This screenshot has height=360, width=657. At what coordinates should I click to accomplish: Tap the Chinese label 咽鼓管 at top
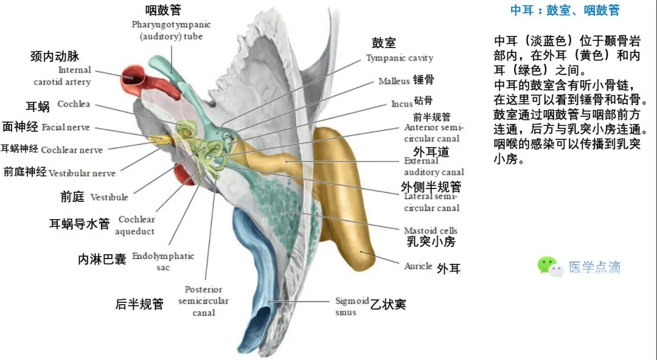click(162, 10)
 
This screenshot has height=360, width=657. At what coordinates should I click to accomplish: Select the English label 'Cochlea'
click(74, 104)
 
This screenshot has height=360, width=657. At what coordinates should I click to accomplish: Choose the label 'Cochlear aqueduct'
click(136, 225)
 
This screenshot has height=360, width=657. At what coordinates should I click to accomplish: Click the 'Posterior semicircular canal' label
click(204, 301)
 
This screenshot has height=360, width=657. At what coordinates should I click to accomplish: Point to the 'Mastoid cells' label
click(430, 230)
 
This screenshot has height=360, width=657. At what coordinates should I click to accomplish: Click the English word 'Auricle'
click(418, 266)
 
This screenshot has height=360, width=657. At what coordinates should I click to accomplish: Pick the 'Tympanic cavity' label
click(399, 58)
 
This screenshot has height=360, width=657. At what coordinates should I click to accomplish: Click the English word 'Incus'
click(401, 104)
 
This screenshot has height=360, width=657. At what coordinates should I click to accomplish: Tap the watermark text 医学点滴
click(594, 267)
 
